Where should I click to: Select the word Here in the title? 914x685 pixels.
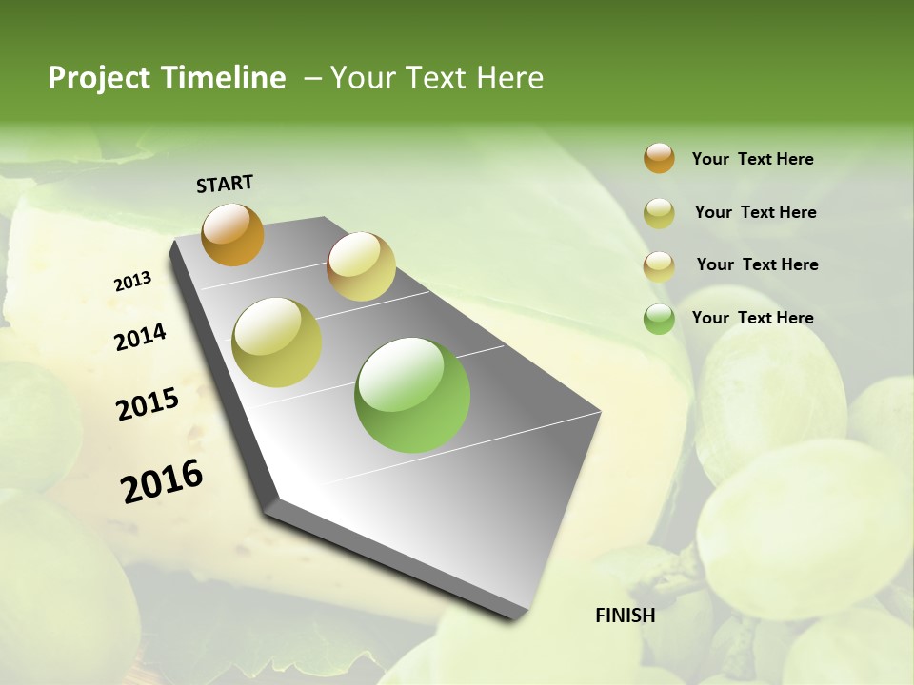point(507,78)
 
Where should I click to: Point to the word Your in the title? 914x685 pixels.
point(362,78)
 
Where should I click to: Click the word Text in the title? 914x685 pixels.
point(432,78)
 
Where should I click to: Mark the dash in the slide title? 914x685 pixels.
point(312,78)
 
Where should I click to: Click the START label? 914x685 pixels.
point(225,184)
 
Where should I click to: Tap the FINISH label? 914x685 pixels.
point(625,616)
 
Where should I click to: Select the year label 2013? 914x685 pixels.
point(132,282)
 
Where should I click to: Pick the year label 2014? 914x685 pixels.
point(140,337)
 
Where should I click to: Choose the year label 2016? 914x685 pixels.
point(162,480)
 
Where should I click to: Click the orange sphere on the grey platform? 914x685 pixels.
point(232,234)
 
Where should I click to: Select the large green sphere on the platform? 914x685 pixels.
point(412,395)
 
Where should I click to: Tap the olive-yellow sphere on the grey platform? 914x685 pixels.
point(276,342)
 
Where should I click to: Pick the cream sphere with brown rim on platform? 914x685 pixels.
point(361,266)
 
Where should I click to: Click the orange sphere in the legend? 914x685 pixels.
point(659,158)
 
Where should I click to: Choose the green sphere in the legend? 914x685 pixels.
point(659,319)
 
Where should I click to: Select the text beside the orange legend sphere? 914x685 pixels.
point(752,159)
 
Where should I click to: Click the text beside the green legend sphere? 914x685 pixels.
point(752,318)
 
